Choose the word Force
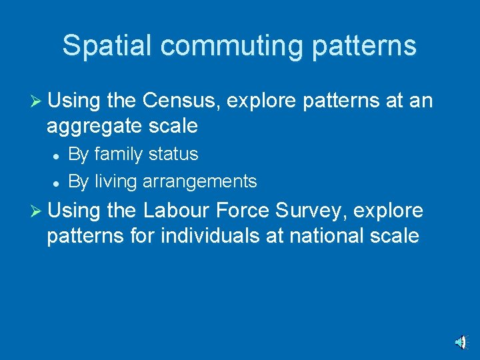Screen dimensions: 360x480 (x=254, y=211)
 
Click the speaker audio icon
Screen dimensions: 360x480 (x=461, y=343)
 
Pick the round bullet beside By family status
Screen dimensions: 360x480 (x=59, y=155)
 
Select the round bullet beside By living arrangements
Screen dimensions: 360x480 (x=59, y=182)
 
